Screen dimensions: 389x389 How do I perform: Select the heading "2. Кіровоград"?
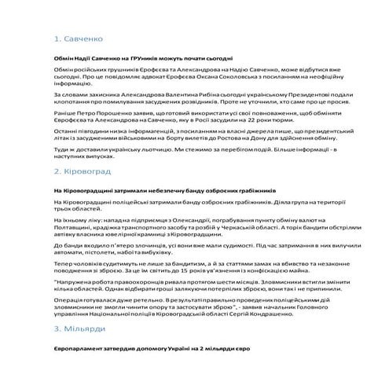(87, 171)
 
